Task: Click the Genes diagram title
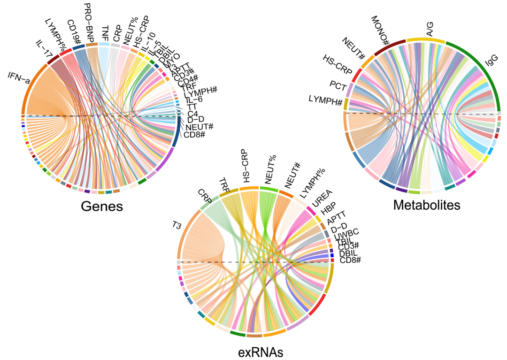click(x=102, y=206)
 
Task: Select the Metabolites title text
click(x=427, y=205)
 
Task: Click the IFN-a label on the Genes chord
click(x=19, y=77)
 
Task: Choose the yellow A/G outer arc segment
click(x=425, y=40)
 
